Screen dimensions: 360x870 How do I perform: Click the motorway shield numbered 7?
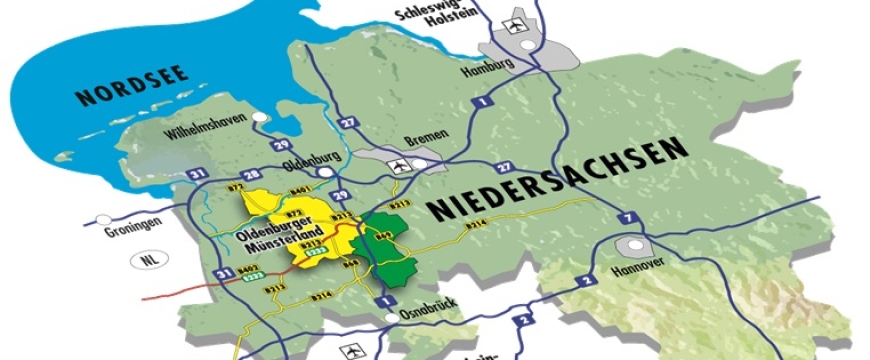(626, 219)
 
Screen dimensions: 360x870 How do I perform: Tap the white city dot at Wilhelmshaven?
(260, 118)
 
